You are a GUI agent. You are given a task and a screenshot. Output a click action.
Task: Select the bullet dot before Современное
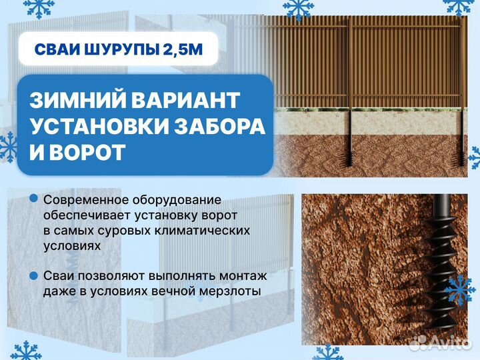[x=33, y=199]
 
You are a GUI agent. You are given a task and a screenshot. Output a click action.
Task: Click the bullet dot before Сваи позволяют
[x=33, y=275]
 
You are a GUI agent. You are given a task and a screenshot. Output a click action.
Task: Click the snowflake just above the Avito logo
[x=459, y=290]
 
